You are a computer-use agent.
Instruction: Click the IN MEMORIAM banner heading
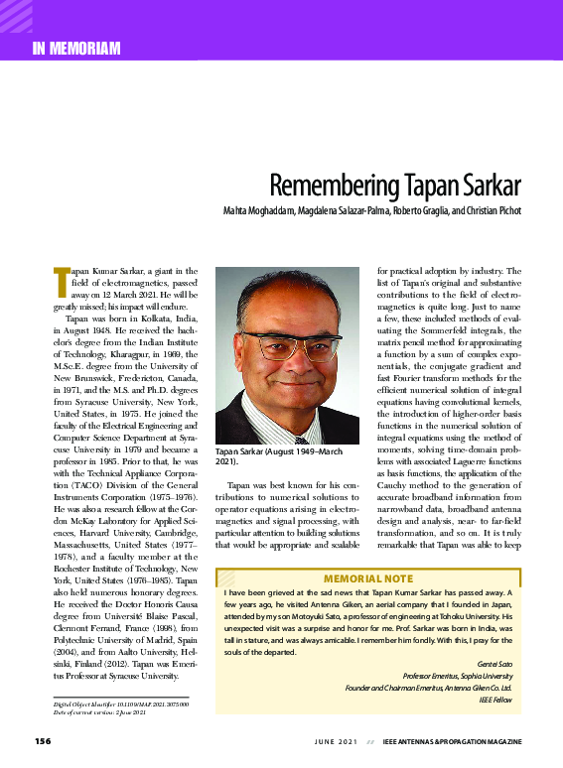[x=76, y=48]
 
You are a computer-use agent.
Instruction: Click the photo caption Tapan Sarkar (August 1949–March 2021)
[x=277, y=456]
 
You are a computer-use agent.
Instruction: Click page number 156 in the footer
[x=43, y=741]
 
